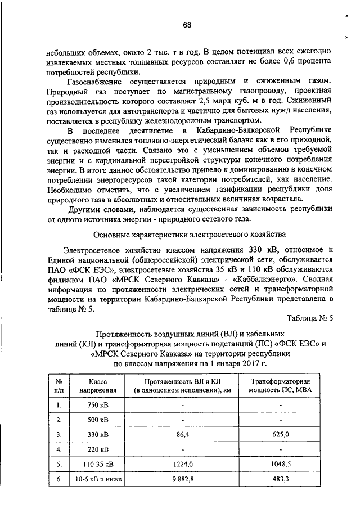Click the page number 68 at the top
coord(187,25)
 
